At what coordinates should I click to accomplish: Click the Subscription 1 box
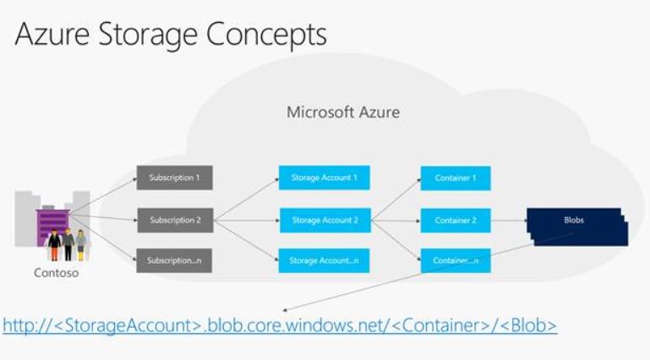click(x=174, y=178)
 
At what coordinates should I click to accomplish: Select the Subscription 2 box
click(x=174, y=221)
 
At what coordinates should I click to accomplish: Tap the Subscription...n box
click(x=174, y=260)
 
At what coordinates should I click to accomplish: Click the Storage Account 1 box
click(x=325, y=178)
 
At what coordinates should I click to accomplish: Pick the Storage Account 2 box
click(x=325, y=221)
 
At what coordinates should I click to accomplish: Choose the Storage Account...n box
click(x=325, y=260)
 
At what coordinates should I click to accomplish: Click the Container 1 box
click(x=456, y=178)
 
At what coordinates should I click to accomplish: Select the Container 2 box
click(x=456, y=221)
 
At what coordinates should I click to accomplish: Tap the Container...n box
click(x=456, y=260)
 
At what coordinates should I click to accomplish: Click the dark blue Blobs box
click(x=574, y=221)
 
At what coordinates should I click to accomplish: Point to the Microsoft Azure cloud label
click(x=342, y=112)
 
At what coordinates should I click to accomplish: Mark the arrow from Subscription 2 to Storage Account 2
click(x=245, y=221)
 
